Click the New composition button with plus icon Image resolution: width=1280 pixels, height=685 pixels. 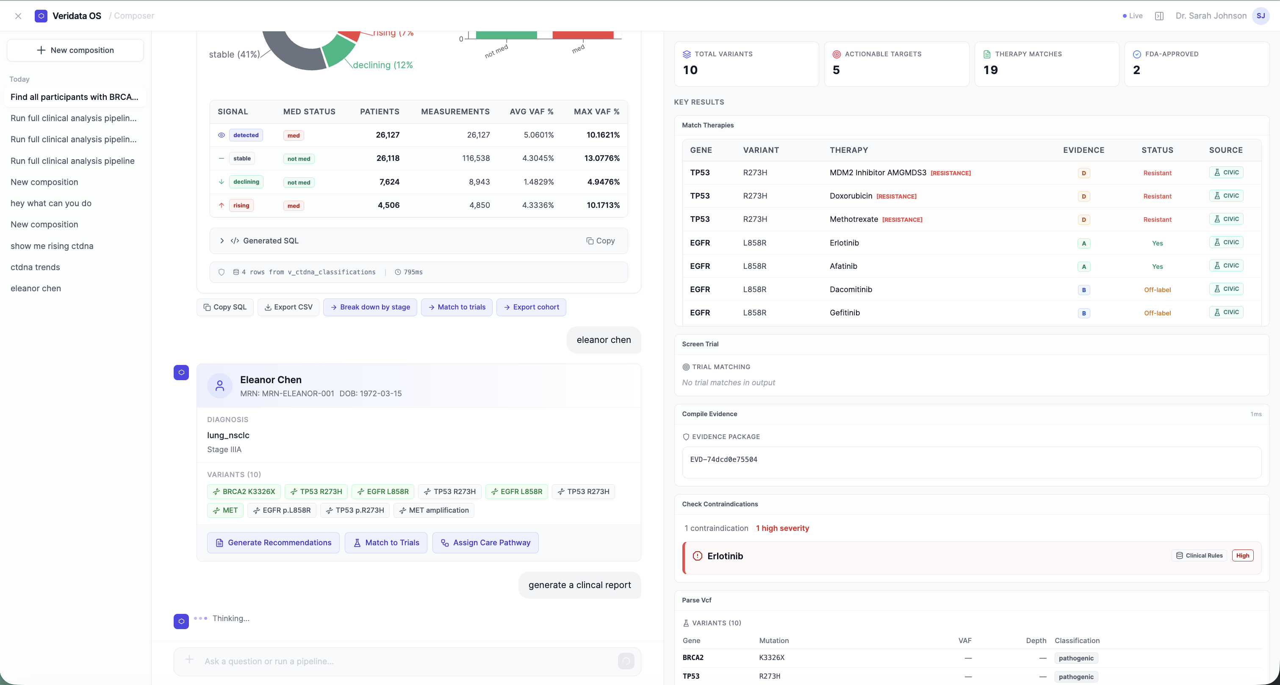(x=75, y=50)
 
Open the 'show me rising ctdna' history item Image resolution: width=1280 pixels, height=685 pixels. (x=52, y=246)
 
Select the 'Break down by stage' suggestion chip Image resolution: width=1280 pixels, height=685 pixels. (x=370, y=307)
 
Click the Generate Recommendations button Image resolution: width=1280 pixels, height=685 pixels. (x=273, y=542)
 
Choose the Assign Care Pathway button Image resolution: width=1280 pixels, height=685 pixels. (x=485, y=542)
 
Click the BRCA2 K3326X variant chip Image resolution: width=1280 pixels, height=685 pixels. (x=244, y=491)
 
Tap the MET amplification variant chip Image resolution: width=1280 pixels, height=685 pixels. (x=434, y=510)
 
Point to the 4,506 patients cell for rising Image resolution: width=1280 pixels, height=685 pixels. (x=388, y=205)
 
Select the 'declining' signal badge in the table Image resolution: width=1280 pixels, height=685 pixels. (x=246, y=182)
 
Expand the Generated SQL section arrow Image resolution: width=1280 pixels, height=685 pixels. (x=222, y=241)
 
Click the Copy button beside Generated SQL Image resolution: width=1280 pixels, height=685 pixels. (x=600, y=241)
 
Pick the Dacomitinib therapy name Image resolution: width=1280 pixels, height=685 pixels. (x=851, y=289)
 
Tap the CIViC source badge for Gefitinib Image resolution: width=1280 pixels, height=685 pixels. (x=1226, y=312)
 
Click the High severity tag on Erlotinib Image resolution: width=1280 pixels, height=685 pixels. (x=1242, y=555)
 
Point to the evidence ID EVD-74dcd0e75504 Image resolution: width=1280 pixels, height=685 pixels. (x=723, y=459)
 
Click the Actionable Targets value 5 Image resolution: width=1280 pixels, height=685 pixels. (x=836, y=70)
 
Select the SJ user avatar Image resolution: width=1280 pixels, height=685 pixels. (x=1261, y=16)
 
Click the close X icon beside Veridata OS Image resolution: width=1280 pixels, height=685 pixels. (x=18, y=16)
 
